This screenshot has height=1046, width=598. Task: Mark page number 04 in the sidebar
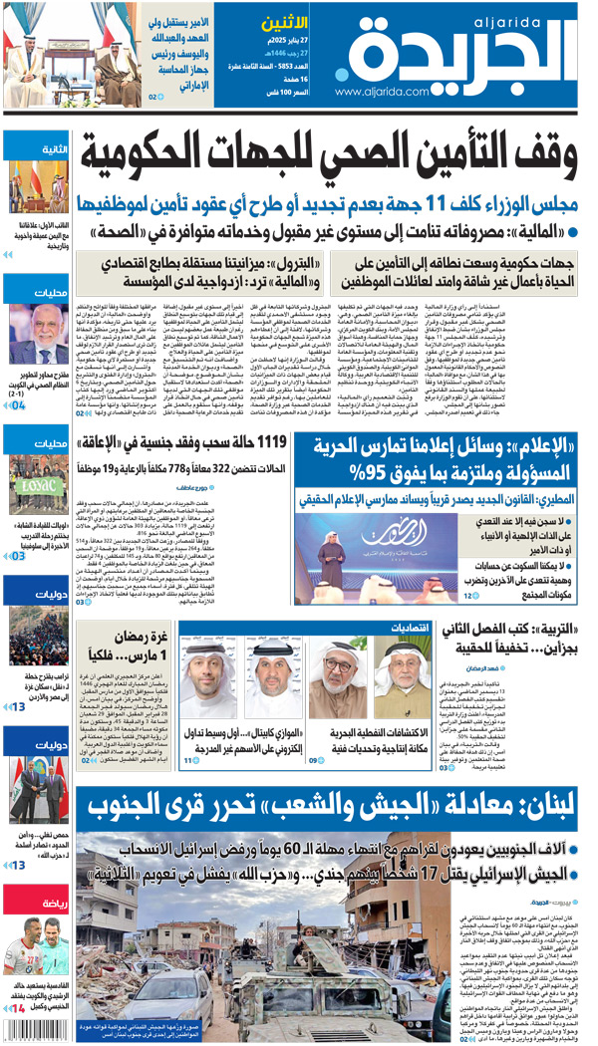point(19,407)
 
